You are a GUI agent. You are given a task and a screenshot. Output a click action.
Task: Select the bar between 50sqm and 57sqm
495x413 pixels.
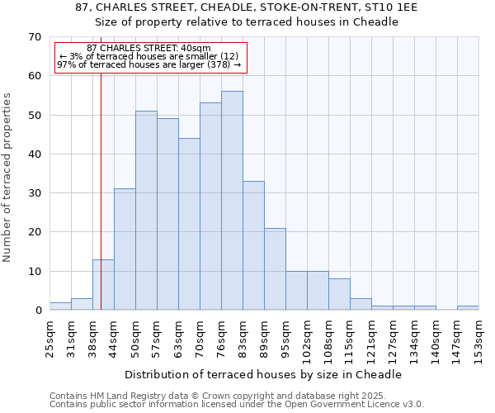click(x=146, y=211)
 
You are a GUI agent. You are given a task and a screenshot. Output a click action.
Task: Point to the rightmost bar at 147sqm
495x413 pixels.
click(x=468, y=308)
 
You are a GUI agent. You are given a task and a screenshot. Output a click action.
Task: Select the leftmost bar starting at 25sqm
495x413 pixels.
click(x=60, y=306)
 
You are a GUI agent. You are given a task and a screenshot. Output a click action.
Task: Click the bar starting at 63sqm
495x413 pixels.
click(x=189, y=224)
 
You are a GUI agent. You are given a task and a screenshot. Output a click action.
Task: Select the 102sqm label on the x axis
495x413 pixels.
click(x=308, y=336)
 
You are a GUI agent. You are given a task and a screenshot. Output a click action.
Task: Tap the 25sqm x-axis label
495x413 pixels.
click(x=50, y=336)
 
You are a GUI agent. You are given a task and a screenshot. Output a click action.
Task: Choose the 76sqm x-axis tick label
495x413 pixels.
click(x=222, y=336)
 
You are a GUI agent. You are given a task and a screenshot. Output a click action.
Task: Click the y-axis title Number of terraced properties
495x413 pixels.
click(x=8, y=178)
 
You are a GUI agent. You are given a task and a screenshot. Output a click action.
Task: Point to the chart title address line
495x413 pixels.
click(x=247, y=7)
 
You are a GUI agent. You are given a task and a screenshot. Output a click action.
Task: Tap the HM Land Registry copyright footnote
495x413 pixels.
click(x=235, y=396)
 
